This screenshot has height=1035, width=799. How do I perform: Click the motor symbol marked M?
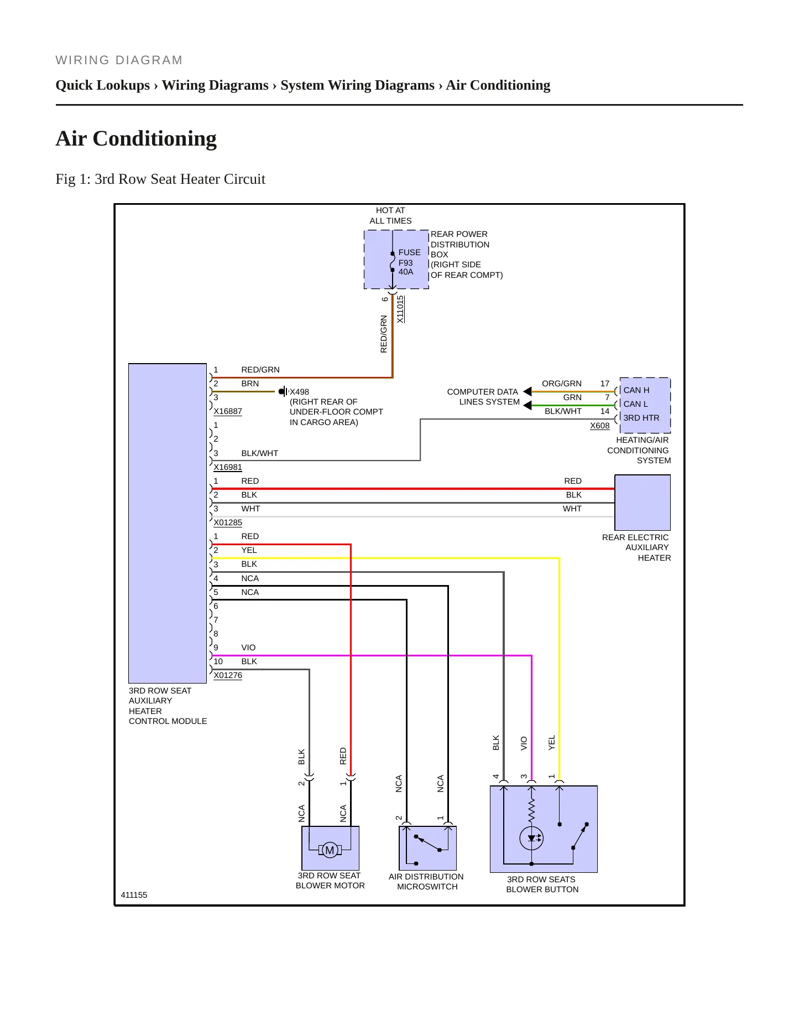point(330,850)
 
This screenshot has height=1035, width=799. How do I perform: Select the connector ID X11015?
point(400,309)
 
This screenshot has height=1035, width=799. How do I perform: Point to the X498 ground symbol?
point(283,392)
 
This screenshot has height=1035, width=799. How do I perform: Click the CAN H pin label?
point(636,390)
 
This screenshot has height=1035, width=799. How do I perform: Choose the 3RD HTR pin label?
point(641,418)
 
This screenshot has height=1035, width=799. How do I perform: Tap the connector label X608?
point(600,426)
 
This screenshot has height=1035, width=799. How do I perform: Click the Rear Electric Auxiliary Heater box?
point(643,503)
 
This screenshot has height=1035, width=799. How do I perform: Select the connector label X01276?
point(228,675)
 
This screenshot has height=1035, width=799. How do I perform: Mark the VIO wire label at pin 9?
point(248,648)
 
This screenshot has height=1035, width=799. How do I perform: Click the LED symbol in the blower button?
point(531,839)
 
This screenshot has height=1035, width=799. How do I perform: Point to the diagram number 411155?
point(134,895)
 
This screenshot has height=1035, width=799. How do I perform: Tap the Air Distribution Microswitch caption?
point(426,882)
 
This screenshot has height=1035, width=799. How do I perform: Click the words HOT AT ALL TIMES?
point(390,215)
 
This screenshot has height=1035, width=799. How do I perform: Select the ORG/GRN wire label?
point(562,384)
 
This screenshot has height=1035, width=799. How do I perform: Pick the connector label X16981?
point(228,467)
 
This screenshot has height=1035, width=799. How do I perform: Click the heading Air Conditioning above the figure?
point(136,138)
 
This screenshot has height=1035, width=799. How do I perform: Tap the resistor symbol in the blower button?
point(531,810)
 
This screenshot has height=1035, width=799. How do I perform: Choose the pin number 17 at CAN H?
point(605,384)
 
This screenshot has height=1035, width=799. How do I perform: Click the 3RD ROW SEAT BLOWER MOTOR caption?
point(330,881)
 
